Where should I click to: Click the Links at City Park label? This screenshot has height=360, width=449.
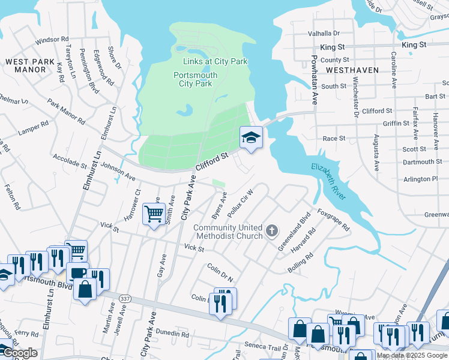coord(215,61)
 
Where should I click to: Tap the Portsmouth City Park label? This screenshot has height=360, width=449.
coord(196,79)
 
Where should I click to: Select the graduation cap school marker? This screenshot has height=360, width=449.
coord(251,137)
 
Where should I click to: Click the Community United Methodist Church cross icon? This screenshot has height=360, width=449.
coord(272,230)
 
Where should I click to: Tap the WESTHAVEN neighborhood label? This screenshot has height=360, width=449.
coord(352,70)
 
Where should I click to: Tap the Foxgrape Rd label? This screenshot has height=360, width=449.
coord(334,220)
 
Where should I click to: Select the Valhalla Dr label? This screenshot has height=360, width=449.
coord(324,34)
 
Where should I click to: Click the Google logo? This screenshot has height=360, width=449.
coord(20,353)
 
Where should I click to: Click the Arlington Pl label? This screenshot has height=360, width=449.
coord(421,179)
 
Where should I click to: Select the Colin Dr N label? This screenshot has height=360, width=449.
coord(220,272)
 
